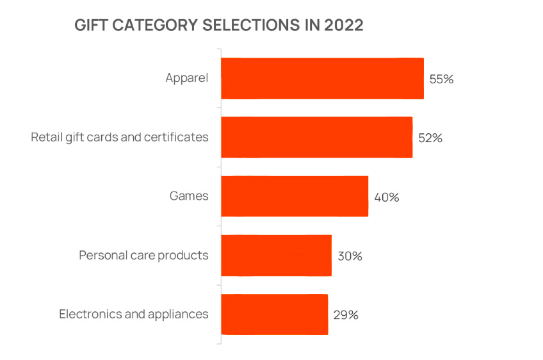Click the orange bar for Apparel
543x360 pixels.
point(323,78)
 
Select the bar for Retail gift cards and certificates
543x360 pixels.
point(317,137)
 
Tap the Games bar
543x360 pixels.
point(295,197)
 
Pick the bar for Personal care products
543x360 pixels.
point(277,256)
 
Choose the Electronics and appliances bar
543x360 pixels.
point(275,315)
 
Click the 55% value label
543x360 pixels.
point(442,79)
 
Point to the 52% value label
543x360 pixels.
point(430,138)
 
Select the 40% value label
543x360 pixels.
point(387,197)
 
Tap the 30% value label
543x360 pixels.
point(350,256)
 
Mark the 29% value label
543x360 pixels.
point(346,315)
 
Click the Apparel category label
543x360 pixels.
point(187,78)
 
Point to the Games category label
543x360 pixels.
point(189,196)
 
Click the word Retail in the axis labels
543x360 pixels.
point(47,137)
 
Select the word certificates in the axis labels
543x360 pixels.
point(176,137)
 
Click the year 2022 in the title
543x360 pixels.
point(344,25)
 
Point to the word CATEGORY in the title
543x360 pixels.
point(155,25)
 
